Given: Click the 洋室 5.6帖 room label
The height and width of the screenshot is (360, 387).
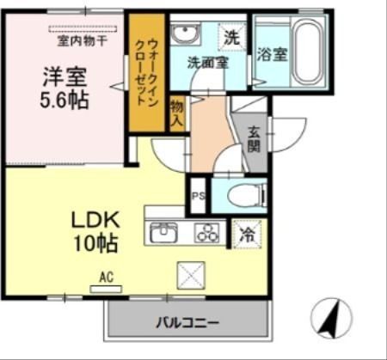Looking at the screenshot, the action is pos(64,88).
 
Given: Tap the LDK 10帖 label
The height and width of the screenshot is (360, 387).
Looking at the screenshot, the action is pos(95,231).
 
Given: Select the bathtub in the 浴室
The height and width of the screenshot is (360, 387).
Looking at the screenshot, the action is pos(308,52).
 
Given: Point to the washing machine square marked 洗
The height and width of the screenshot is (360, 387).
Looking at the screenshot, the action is pos(231,37).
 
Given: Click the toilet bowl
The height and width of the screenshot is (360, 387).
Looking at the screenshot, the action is pos(248,196).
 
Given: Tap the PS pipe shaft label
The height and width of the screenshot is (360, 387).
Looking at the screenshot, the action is pos(199,197).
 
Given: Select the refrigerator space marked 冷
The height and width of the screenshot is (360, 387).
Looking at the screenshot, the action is pos(247,234).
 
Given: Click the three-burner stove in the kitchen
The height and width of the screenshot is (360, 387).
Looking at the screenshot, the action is pos(207,233).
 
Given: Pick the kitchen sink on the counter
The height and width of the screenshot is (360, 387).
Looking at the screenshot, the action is pos(163,233).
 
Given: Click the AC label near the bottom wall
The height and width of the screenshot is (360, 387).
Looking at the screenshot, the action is pos(107,278).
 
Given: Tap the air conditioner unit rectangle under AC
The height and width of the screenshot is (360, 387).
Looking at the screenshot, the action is pos(106,290).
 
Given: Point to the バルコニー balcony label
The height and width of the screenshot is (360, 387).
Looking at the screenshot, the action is pos(187,323).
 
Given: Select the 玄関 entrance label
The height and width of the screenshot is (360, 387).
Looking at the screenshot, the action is pos(254,139).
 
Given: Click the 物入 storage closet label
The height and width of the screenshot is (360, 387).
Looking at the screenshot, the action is pos(177,114).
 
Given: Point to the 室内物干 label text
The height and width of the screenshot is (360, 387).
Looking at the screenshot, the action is pos(83,41).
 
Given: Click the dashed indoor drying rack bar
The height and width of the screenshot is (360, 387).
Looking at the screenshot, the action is pos(83,29).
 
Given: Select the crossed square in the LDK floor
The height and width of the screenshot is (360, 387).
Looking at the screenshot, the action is pos(191,275).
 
